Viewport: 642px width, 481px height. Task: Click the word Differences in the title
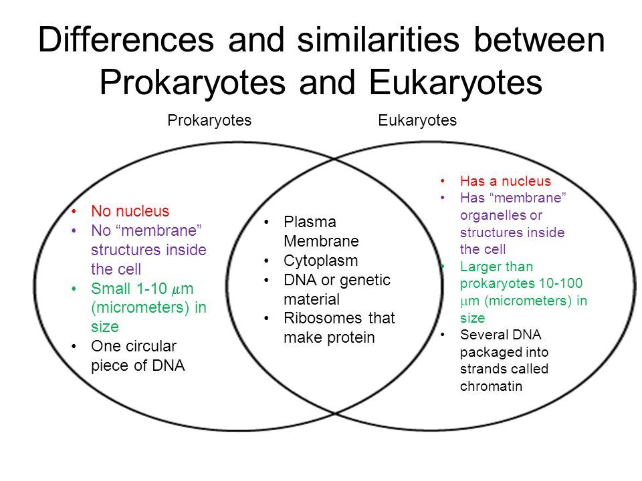(x=126, y=39)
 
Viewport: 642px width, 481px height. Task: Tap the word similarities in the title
(x=379, y=39)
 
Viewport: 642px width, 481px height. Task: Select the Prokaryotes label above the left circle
(x=209, y=121)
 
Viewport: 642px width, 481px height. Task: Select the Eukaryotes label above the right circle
(x=417, y=121)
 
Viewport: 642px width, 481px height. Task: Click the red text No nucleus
(x=130, y=211)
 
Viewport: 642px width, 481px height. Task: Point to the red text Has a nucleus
(x=506, y=181)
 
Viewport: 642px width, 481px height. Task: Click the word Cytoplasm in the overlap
(x=320, y=261)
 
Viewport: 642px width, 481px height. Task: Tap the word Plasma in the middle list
(x=310, y=222)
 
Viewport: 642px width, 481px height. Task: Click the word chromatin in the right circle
(x=491, y=386)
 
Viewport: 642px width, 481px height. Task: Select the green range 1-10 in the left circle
(x=152, y=289)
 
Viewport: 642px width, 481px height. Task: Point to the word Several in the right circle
(x=481, y=335)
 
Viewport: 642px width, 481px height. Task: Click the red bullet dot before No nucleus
(x=74, y=212)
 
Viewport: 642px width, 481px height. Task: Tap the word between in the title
(x=539, y=39)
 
